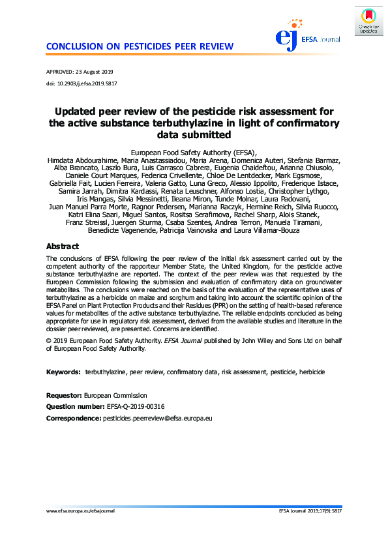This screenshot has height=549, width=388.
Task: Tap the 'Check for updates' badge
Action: (x=368, y=21)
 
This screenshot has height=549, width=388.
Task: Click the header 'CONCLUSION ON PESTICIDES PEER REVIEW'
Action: (x=140, y=46)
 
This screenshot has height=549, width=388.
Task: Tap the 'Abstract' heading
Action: (x=63, y=246)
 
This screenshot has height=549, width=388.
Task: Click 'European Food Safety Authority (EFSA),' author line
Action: (x=194, y=152)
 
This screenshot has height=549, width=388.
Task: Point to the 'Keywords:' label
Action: (x=63, y=372)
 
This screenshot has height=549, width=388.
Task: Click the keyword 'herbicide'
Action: (x=312, y=372)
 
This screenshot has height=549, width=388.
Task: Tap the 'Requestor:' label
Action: (x=64, y=395)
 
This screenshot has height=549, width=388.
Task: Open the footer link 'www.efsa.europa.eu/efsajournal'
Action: (x=80, y=511)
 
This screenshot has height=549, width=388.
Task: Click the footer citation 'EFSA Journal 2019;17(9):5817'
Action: (x=310, y=511)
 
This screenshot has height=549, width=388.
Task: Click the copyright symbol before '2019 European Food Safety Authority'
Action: (x=49, y=340)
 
